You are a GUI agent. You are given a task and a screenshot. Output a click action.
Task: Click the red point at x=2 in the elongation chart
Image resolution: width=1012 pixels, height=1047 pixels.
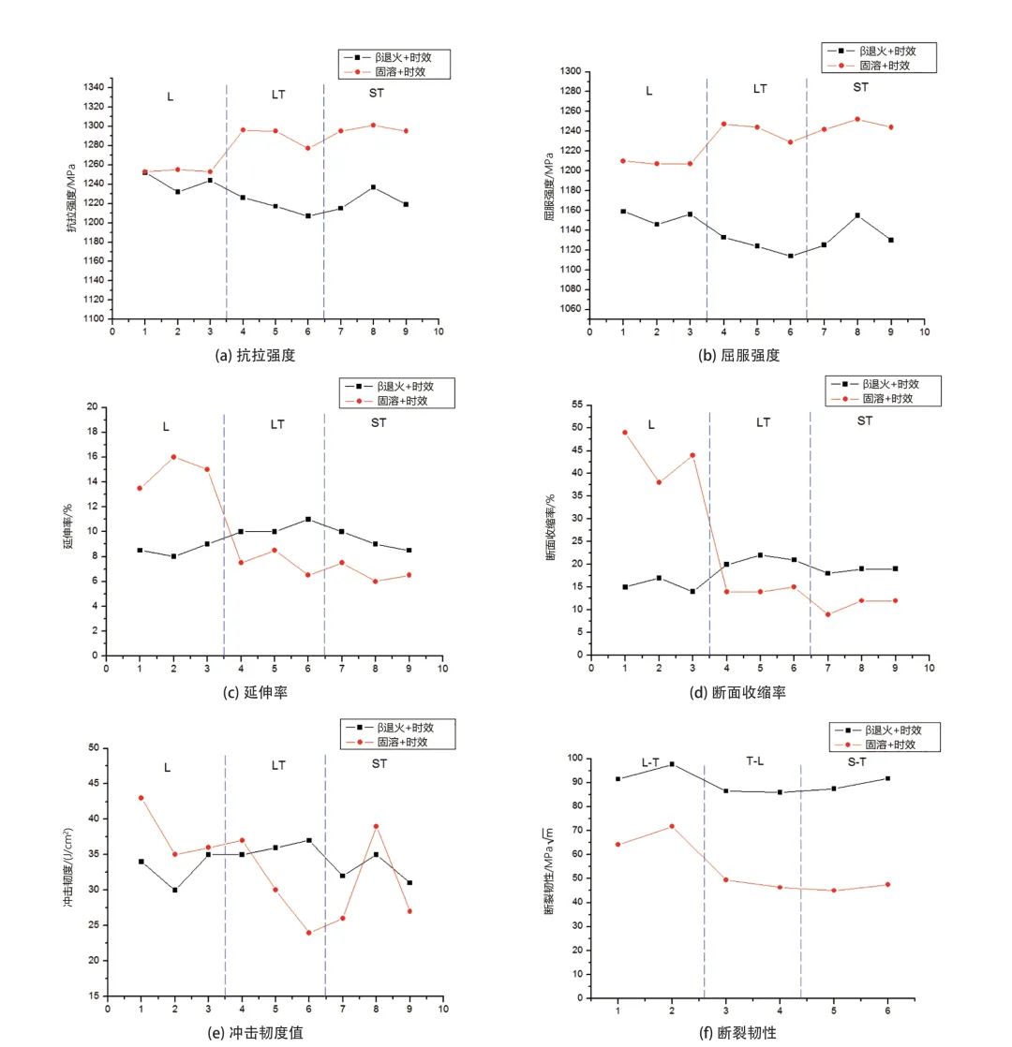coord(173,457)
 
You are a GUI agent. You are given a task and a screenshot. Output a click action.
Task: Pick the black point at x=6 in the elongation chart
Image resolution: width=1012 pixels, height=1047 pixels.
coord(308,519)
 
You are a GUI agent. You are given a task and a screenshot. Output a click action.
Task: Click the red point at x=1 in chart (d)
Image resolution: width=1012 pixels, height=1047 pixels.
coord(625,433)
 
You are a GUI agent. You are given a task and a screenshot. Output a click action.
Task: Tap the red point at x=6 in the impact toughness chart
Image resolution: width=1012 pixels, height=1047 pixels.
coord(308,933)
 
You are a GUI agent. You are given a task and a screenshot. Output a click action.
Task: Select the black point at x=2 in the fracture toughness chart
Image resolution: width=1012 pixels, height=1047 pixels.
coord(672,764)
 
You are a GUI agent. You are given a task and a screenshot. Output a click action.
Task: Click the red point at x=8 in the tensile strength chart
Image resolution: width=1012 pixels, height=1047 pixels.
coord(373,125)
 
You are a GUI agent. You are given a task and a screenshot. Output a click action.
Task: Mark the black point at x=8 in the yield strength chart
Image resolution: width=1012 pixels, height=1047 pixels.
coord(857,215)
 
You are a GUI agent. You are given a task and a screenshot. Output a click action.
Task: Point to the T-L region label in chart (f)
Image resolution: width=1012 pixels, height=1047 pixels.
coord(755,762)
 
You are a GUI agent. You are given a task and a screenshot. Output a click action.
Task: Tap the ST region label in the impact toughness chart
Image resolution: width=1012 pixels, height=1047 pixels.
coord(379,764)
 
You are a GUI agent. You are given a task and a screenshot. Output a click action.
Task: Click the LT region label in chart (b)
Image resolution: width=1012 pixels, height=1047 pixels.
coord(760,89)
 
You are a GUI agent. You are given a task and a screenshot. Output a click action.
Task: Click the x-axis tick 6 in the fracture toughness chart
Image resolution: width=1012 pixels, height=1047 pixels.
coord(887,1012)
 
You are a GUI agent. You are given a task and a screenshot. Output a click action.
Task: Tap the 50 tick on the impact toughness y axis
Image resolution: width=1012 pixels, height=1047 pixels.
coord(94,748)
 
